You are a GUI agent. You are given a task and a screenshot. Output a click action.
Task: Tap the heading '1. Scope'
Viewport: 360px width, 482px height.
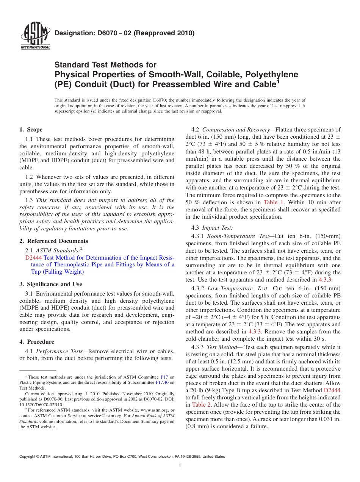pos(31,130)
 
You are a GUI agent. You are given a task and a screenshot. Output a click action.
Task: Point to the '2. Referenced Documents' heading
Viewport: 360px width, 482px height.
pos(54,241)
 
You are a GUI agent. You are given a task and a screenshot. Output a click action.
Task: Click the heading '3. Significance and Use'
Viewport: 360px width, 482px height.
pos(51,284)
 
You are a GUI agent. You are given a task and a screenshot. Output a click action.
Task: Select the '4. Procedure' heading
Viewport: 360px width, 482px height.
pos(37,342)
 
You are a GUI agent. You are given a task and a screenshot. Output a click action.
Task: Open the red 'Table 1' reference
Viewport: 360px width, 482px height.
pos(273,202)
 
